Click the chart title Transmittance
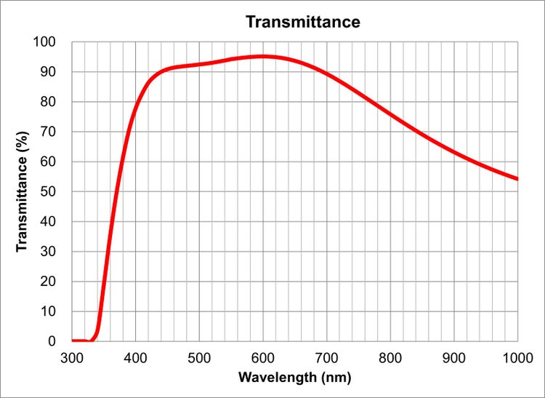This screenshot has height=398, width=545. [x=302, y=22]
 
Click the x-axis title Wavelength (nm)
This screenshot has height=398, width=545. [x=295, y=378]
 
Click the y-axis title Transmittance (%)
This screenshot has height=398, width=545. [x=22, y=192]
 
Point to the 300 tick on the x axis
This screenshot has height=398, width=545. [x=72, y=357]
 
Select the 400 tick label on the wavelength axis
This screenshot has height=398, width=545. [x=136, y=357]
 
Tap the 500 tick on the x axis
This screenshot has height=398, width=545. [x=199, y=357]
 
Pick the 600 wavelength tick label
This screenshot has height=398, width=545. [x=263, y=357]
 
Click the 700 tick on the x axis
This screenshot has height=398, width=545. [x=327, y=357]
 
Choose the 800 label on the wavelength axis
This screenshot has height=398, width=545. [x=390, y=357]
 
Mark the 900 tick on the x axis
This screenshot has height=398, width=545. [x=454, y=357]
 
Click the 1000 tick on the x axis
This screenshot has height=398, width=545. [x=517, y=357]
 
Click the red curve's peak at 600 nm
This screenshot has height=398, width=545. [x=263, y=56]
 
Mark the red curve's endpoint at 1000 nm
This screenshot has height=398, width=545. [x=517, y=178]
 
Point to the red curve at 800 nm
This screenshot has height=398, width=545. [x=390, y=114]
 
